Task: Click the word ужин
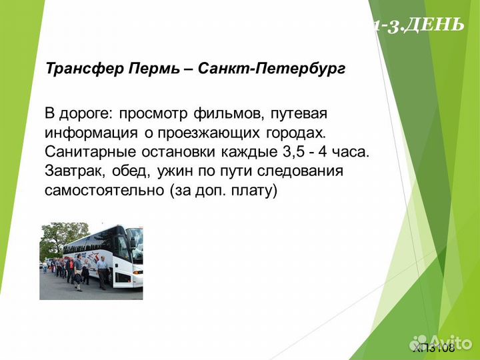click(174, 171)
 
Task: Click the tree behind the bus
click(53, 237)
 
